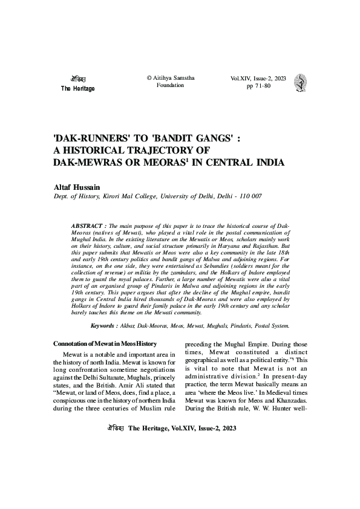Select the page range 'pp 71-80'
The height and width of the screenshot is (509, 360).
click(x=260, y=86)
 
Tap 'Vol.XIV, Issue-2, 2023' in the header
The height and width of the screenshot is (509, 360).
click(x=259, y=79)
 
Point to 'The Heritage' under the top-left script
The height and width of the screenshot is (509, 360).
click(x=78, y=89)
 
